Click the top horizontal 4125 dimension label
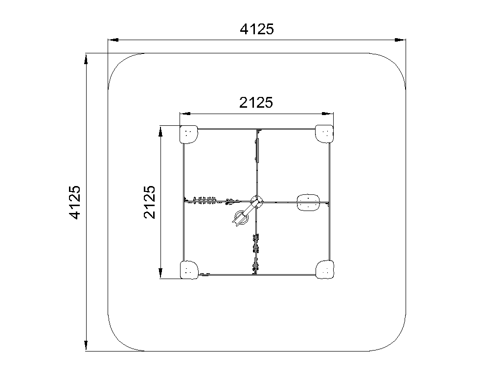click(257, 29)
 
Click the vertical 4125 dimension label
click(75, 202)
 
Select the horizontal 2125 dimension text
click(256, 103)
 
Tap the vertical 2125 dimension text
click(150, 202)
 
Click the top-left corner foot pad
click(188, 134)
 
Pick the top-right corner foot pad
click(324, 134)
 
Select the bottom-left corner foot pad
click(189, 270)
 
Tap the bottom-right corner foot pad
click(325, 270)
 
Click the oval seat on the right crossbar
click(308, 202)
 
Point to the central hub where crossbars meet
click(257, 202)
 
